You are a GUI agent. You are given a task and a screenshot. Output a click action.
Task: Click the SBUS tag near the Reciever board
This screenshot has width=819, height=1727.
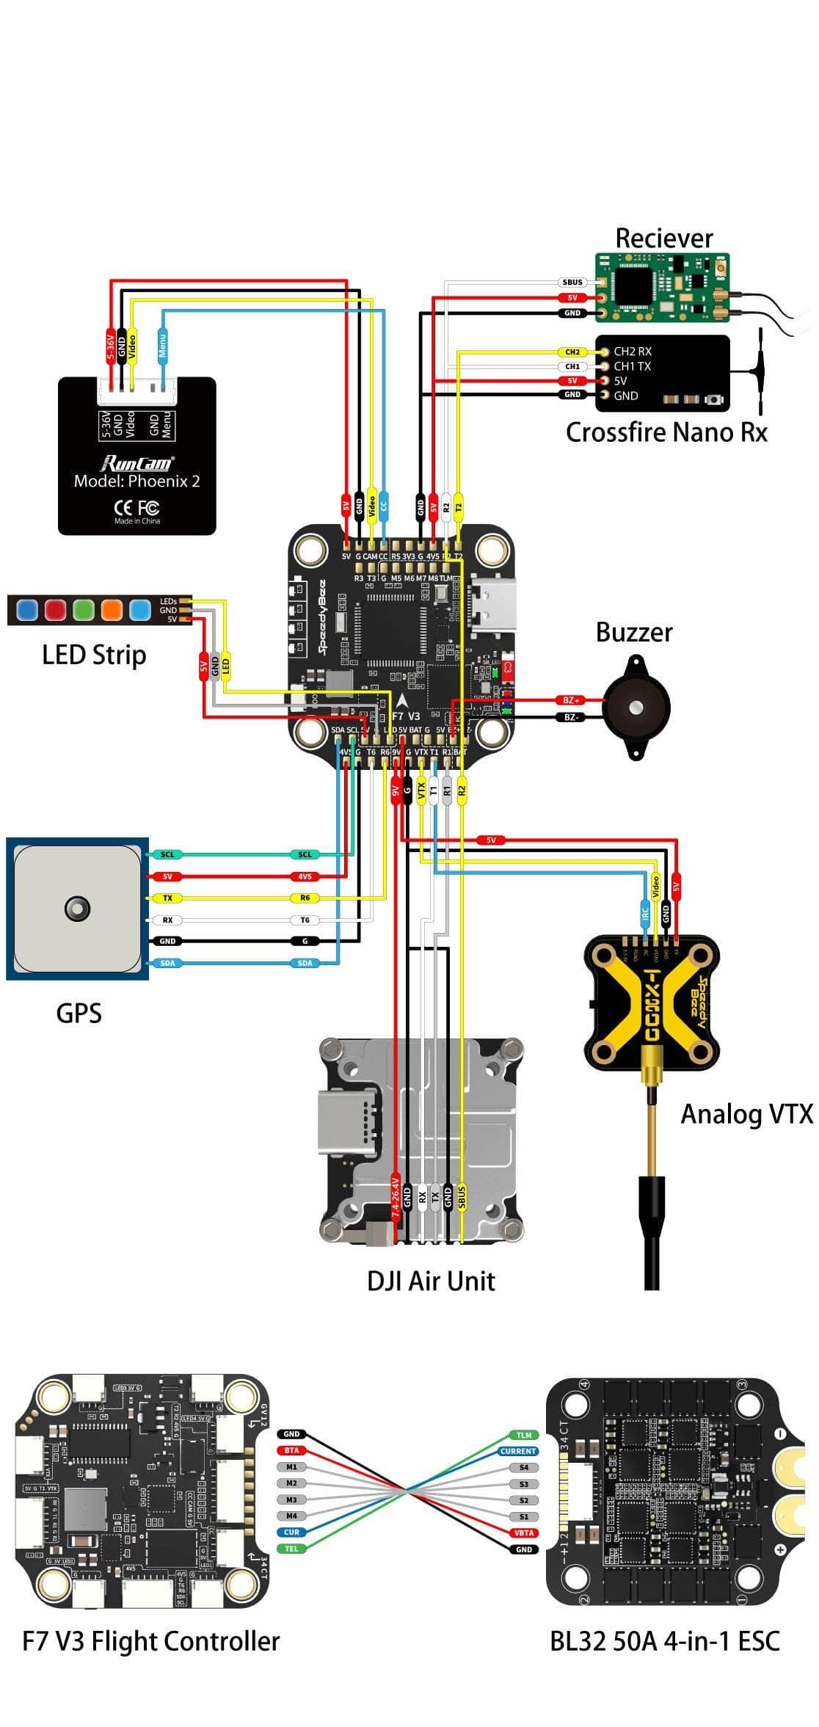click(572, 282)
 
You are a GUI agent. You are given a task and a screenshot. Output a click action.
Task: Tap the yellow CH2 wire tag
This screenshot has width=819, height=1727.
click(572, 352)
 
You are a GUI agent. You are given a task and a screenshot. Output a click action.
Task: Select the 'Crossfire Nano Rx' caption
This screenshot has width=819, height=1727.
click(666, 432)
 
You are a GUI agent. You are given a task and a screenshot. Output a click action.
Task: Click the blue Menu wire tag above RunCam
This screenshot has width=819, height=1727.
click(163, 343)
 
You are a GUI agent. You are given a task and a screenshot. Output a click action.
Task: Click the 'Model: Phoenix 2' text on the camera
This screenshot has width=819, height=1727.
click(136, 481)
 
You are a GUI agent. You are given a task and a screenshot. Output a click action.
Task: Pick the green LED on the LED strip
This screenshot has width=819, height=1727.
click(83, 609)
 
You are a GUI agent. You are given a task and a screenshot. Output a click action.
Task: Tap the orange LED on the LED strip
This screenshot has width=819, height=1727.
click(112, 609)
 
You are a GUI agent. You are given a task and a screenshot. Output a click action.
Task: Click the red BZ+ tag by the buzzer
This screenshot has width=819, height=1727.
click(572, 701)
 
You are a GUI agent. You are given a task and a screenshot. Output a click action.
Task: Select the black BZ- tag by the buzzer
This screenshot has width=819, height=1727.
click(572, 717)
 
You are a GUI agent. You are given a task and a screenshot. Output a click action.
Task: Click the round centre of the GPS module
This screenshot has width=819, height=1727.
click(77, 909)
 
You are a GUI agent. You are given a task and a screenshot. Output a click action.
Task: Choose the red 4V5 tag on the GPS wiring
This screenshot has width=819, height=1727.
click(305, 876)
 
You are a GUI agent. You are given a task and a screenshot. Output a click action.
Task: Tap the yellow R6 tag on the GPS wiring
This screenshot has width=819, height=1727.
click(305, 898)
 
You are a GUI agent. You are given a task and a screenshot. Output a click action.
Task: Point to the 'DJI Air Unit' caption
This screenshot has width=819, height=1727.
click(431, 1281)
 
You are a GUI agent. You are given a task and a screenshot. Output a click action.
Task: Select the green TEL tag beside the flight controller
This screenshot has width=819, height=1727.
click(291, 1549)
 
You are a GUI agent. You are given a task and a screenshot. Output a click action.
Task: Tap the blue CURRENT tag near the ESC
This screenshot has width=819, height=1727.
click(518, 1451)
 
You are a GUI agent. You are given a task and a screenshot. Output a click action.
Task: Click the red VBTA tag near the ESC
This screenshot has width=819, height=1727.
click(524, 1533)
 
